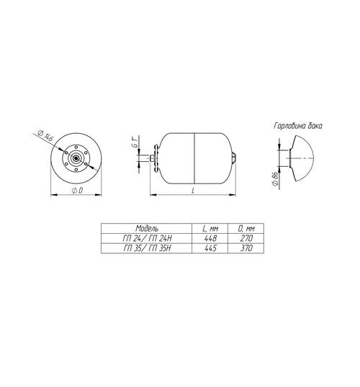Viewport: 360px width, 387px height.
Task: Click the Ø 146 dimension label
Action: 45,135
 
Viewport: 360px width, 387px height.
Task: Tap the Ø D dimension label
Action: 77,191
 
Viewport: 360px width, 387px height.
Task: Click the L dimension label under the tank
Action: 193,191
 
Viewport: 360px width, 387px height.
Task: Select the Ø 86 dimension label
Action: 275,179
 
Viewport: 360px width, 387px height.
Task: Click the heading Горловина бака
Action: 298,126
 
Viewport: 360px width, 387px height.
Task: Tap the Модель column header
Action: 147,228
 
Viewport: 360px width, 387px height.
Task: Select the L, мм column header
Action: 210,229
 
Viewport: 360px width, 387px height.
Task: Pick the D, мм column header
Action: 246,229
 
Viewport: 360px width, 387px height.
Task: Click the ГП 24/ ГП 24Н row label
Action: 147,238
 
